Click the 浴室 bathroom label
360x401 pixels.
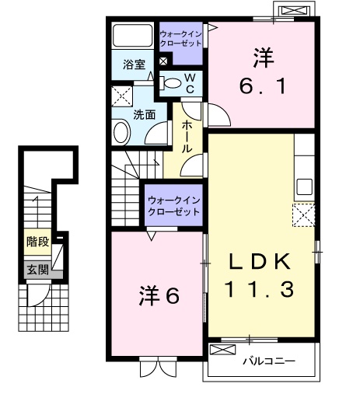point(134,65)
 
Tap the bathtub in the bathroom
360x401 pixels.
point(134,37)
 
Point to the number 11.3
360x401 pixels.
point(260,291)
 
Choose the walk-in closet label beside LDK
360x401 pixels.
point(173,205)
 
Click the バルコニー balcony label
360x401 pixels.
point(267,361)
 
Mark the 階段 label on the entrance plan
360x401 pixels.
point(37,242)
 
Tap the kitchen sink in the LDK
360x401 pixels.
point(304,187)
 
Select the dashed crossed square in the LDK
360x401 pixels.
point(302,214)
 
